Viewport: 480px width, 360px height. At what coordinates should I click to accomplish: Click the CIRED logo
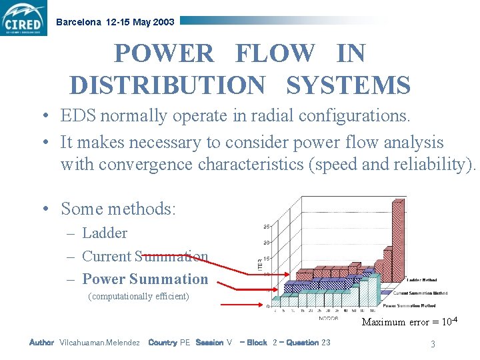point(24,18)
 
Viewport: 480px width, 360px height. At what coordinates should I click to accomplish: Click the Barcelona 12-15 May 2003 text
point(115,22)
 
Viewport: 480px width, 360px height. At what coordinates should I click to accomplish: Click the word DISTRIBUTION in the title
point(167,85)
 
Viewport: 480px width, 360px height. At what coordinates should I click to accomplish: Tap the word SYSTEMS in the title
point(348,85)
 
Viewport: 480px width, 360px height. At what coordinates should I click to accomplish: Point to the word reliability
point(429,164)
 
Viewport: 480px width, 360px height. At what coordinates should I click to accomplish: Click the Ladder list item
point(104,233)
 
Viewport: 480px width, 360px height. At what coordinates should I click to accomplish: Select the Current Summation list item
point(145,256)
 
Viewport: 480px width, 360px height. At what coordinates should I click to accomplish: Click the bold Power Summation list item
point(145,279)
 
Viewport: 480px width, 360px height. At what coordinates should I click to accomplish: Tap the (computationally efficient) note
point(139,296)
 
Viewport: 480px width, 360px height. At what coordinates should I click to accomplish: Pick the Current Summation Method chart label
point(420,293)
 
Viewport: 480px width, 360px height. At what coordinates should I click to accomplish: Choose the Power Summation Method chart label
point(420,305)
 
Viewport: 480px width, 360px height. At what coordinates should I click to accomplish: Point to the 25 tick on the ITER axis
point(267,226)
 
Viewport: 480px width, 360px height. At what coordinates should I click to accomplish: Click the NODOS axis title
point(328,317)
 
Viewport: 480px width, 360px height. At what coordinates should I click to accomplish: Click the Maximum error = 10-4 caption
point(409,322)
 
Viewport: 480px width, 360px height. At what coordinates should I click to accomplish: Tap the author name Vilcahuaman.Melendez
point(99,343)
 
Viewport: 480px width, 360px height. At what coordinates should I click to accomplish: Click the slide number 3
point(433,344)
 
